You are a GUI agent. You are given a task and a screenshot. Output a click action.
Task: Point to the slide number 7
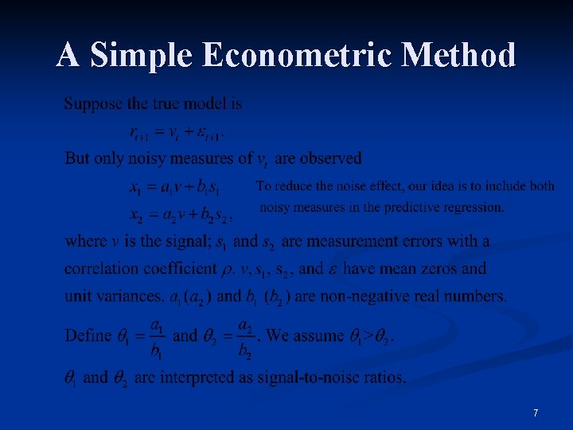536,413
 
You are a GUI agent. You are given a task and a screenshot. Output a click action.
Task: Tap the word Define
88,335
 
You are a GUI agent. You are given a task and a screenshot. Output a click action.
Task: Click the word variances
131,297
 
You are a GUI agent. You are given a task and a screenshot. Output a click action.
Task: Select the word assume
319,335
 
